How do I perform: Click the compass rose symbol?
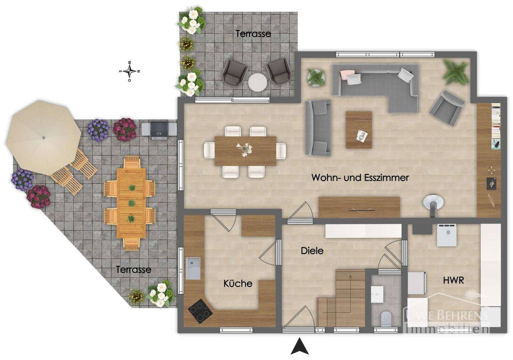[130, 71]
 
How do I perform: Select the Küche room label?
[238, 283]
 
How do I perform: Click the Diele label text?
[312, 251]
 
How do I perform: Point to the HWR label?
[454, 280]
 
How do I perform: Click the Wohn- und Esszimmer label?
[360, 178]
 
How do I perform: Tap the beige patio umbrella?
[44, 138]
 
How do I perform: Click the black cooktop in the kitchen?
[200, 311]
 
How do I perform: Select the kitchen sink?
[193, 268]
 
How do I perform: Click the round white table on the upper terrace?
[258, 82]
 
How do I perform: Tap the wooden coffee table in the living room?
[359, 130]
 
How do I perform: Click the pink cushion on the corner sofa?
[346, 74]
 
